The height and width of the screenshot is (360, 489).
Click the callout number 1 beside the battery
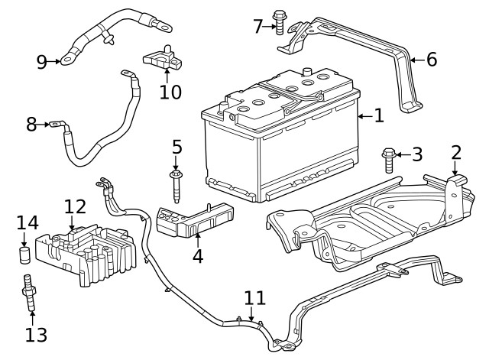coord(379,115)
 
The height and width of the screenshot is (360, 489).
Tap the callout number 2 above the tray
coord(456,151)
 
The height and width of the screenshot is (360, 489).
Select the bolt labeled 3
coord(389,160)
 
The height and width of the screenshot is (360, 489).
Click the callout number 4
coord(198,256)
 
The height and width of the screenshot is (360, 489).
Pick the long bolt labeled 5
coord(176,186)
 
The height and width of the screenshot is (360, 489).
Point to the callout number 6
coord(432,59)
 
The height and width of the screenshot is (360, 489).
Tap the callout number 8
coord(31,124)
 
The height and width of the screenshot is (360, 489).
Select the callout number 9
coord(41,63)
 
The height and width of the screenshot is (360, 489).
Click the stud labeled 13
coord(31,293)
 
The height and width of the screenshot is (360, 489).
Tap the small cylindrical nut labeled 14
coord(24,254)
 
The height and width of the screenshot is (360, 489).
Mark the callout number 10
coord(171,92)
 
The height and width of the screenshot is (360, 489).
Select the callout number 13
coord(36,334)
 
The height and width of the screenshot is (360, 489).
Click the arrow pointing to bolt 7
coord(268,27)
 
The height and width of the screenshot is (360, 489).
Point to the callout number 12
coord(75,206)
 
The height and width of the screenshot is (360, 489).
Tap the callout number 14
coord(28,222)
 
